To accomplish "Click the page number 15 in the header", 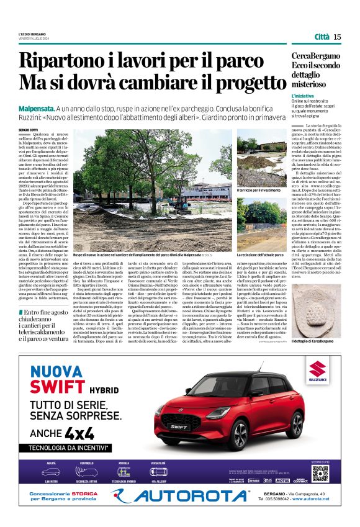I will pyautogui.click(x=337, y=37).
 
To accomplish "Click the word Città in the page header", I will pyautogui.click(x=322, y=37).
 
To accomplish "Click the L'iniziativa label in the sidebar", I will pyautogui.click(x=302, y=97).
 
